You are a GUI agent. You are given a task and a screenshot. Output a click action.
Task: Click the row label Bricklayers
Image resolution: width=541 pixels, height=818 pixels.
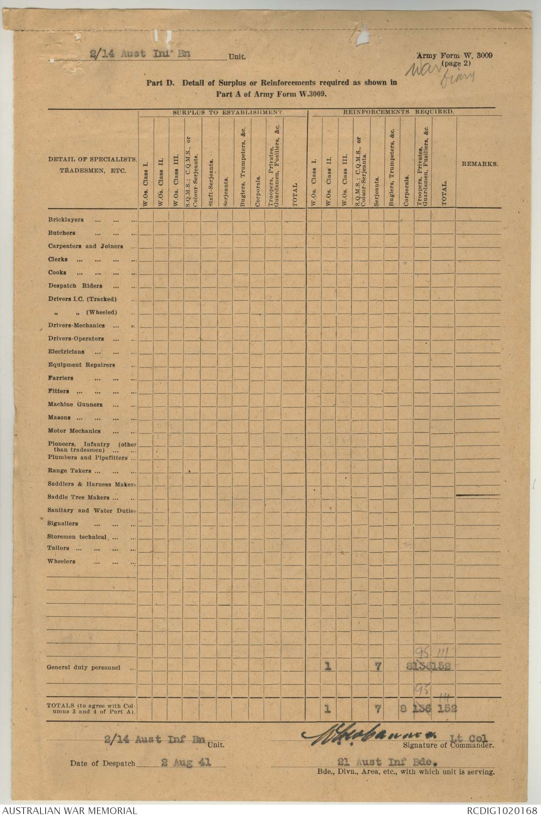click(66, 220)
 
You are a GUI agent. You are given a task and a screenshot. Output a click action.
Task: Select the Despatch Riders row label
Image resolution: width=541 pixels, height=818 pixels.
click(75, 286)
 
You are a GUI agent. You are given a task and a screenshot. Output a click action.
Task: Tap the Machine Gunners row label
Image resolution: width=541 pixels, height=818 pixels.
click(75, 404)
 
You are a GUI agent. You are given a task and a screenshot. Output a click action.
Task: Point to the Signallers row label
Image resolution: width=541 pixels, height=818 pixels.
click(63, 524)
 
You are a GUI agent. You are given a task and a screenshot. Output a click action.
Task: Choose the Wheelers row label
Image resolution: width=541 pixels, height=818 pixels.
click(61, 561)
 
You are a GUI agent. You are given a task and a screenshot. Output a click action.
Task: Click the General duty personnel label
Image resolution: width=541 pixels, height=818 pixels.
click(83, 668)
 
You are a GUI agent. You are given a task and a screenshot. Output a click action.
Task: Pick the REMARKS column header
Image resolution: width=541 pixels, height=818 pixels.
click(480, 164)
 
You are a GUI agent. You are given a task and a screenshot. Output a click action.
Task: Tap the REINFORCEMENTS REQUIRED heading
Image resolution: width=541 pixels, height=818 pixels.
click(399, 112)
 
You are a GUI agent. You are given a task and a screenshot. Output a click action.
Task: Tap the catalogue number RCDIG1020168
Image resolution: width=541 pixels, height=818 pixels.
click(502, 811)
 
